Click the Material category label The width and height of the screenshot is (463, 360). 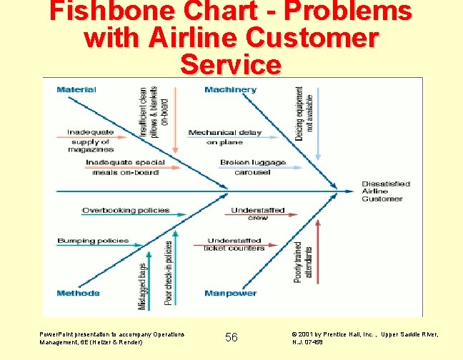click(x=76, y=89)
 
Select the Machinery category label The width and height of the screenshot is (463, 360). click(x=230, y=89)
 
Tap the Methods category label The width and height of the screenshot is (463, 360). click(x=79, y=293)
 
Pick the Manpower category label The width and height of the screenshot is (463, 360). click(x=230, y=293)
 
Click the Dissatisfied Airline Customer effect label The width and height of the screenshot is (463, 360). click(x=386, y=191)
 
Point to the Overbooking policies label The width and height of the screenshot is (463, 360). click(x=126, y=210)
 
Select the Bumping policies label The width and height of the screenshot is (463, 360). click(x=93, y=241)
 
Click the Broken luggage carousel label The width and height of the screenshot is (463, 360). click(x=253, y=167)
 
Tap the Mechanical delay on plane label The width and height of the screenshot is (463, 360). click(x=225, y=137)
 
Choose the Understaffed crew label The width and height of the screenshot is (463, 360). click(x=258, y=214)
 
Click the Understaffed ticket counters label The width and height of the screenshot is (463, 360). click(x=236, y=244)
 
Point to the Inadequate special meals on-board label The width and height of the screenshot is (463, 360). click(x=126, y=167)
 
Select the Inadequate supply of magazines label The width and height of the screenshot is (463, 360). click(x=91, y=141)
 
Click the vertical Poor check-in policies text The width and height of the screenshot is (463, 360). click(x=169, y=273)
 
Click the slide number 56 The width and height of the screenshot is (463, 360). click(x=231, y=337)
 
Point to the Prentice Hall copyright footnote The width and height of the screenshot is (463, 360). click(x=365, y=338)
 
